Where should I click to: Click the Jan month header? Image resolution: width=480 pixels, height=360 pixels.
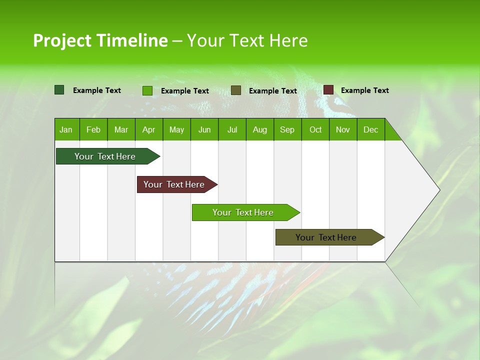pos(66,129)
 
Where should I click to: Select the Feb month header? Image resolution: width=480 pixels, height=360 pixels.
pos(93,129)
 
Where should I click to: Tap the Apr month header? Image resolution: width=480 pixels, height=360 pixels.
pos(148,129)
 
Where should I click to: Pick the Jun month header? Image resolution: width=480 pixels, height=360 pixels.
pos(204,129)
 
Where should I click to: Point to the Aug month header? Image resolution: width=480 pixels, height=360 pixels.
pos(259,129)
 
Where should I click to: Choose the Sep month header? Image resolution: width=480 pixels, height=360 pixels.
pos(287,129)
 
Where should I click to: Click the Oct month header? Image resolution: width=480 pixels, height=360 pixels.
pos(315,129)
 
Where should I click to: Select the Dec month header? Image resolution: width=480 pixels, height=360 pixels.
pos(370,129)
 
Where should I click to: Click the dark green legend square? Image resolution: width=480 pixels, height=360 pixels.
pos(59,90)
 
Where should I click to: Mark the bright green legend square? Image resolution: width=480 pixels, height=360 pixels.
pos(147,90)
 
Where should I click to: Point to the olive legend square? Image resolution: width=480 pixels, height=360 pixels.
pos(236,90)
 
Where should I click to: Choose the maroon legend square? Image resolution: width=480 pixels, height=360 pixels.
pos(328,90)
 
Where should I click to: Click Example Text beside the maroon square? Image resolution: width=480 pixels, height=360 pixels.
pos(364,90)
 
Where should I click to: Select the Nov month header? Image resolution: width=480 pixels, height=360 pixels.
pos(343,129)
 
